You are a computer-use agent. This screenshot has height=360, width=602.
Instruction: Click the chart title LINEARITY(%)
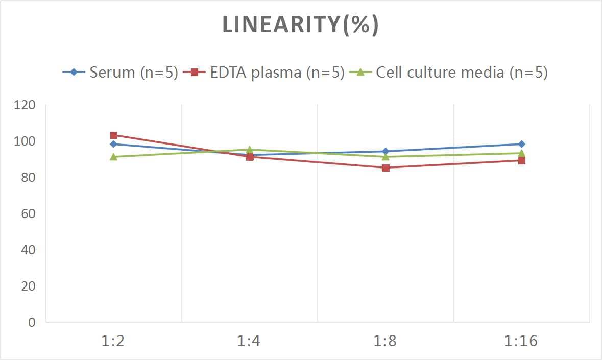tap(300, 25)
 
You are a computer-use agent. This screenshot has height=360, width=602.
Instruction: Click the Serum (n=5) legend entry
tap(121, 73)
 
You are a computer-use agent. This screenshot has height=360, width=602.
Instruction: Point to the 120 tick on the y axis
tap(26, 105)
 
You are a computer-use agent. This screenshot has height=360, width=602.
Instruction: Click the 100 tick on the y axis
tap(26, 141)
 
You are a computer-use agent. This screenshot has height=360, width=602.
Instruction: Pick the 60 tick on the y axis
tap(28, 213)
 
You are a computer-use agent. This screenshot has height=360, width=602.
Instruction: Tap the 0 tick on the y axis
tap(32, 322)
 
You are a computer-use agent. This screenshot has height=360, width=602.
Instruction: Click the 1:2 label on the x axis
tap(113, 341)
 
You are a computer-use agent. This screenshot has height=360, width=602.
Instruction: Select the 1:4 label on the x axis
tap(249, 341)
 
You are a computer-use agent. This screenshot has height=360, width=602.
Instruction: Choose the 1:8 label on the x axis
tap(385, 341)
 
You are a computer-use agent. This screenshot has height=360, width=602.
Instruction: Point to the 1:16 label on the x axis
tap(521, 341)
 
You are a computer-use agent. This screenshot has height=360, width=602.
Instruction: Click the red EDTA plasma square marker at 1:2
tap(114, 135)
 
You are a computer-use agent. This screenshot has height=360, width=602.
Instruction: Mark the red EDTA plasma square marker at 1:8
tap(386, 167)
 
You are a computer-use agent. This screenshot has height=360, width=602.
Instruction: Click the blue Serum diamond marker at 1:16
tap(521, 144)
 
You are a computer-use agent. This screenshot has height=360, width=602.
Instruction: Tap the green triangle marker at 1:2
tap(114, 157)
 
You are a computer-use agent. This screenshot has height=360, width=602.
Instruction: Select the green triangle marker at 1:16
tap(521, 153)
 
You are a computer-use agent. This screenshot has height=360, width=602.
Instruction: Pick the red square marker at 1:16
tap(521, 160)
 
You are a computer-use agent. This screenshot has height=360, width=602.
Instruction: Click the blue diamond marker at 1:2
tap(113, 144)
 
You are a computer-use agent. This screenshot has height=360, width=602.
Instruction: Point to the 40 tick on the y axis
tap(28, 250)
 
